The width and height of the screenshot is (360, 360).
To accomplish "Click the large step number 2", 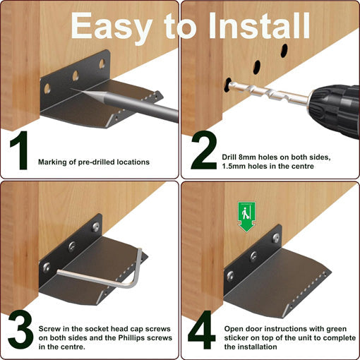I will [x=203, y=150].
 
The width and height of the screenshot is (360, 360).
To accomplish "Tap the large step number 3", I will [x=21, y=328].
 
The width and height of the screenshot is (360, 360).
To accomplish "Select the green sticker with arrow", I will [x=246, y=215].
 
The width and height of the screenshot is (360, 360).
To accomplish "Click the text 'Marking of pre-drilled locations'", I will [x=93, y=162].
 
